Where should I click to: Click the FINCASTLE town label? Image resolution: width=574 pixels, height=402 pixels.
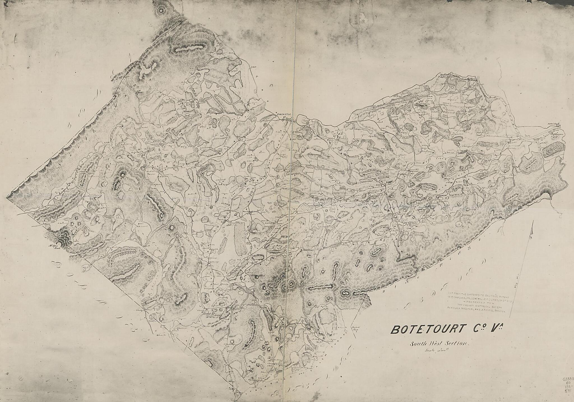pos(285,115)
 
